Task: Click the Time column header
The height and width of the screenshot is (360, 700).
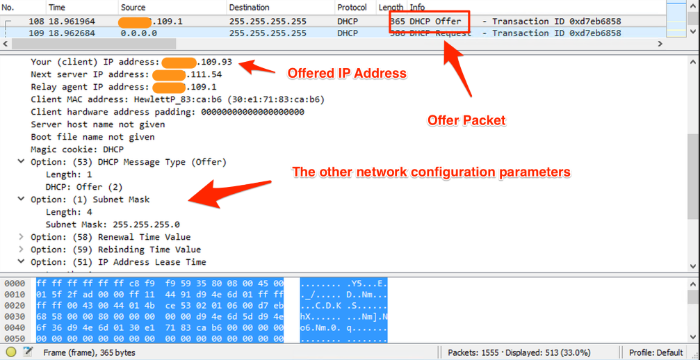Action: [x=57, y=7]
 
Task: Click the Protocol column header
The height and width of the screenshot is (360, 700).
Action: [x=352, y=7]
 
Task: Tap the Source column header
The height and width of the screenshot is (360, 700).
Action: [x=133, y=7]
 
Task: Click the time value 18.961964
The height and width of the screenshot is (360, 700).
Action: [x=72, y=22]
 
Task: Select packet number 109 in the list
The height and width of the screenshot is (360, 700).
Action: [x=37, y=33]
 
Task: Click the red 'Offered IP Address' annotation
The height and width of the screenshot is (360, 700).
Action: [x=347, y=73]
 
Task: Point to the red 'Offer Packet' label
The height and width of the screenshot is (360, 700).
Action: [x=466, y=120]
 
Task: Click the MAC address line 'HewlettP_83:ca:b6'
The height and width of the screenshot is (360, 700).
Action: [x=177, y=99]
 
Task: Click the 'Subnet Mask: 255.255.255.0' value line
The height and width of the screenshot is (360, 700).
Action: [x=113, y=224]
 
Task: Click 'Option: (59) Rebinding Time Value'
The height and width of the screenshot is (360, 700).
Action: [x=115, y=249]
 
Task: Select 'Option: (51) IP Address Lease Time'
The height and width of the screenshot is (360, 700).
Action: [x=118, y=262]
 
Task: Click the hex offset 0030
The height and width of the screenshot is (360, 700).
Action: [x=14, y=316]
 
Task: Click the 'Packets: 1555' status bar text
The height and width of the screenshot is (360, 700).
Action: [x=475, y=352]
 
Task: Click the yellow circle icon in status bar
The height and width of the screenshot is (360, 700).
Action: [x=11, y=352]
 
